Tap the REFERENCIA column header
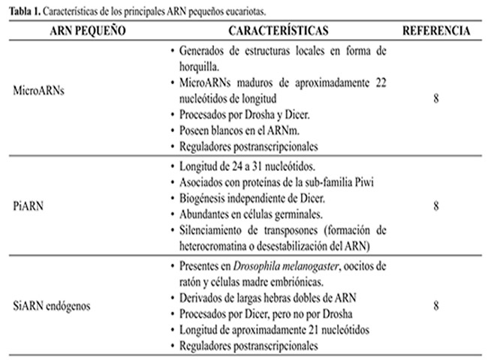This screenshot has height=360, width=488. point(437,31)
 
